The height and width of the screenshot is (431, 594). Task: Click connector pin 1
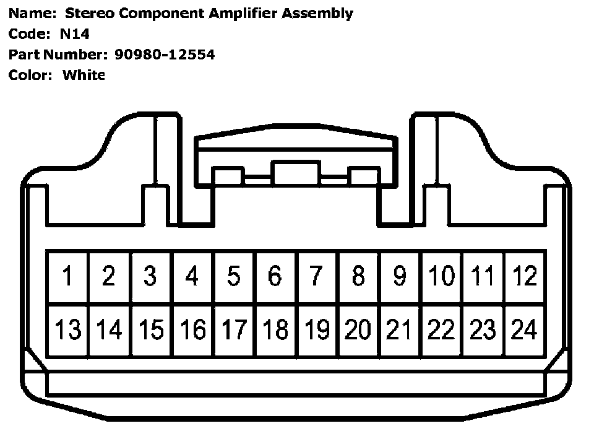[67, 276]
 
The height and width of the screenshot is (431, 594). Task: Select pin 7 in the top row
[316, 276]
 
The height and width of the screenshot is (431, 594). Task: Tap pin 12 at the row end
[524, 276]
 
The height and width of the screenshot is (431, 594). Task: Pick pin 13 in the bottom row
[67, 329]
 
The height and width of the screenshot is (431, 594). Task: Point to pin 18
[275, 329]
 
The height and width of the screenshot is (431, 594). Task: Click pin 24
[524, 329]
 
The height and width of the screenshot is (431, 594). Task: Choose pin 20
[358, 329]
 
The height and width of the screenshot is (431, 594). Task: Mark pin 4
[192, 276]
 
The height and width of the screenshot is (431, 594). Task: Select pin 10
[441, 276]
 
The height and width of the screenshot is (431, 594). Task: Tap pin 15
[150, 329]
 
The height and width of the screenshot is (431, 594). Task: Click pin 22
[441, 329]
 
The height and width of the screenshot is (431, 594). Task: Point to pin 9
[400, 276]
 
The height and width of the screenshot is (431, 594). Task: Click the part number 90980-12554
[165, 54]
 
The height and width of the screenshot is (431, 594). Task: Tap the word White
[84, 76]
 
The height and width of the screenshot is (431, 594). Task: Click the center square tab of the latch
[296, 173]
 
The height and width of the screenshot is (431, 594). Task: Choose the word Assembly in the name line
[317, 14]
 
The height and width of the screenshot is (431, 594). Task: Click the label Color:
[30, 76]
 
